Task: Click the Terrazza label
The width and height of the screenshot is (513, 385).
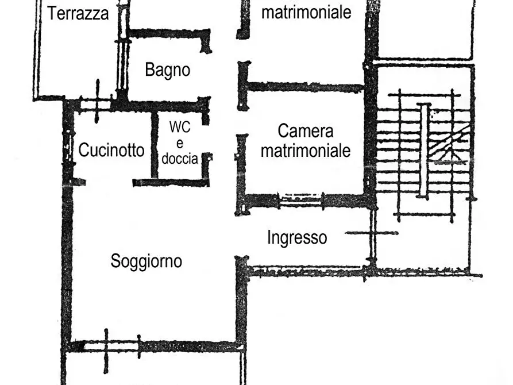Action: [x=78, y=13]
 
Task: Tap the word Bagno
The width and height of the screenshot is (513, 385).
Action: [x=167, y=70]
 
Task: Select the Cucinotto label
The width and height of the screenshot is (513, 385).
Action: [x=111, y=151]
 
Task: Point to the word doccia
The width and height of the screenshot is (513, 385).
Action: [x=179, y=159]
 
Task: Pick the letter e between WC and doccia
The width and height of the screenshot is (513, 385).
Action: [x=179, y=144]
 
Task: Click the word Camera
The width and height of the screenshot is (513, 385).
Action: [x=305, y=130]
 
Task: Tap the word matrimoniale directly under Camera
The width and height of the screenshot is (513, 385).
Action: [x=305, y=151]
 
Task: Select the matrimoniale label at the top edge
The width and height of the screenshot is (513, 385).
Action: [x=306, y=12]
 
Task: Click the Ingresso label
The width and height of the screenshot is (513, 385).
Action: [x=297, y=237]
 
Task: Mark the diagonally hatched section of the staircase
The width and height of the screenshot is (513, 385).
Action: [x=450, y=144]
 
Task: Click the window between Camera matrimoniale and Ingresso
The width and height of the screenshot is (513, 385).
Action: [x=300, y=201]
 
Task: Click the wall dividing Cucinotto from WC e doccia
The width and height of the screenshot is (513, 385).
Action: [x=154, y=145]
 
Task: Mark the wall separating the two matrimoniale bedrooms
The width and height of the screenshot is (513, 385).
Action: [x=304, y=87]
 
